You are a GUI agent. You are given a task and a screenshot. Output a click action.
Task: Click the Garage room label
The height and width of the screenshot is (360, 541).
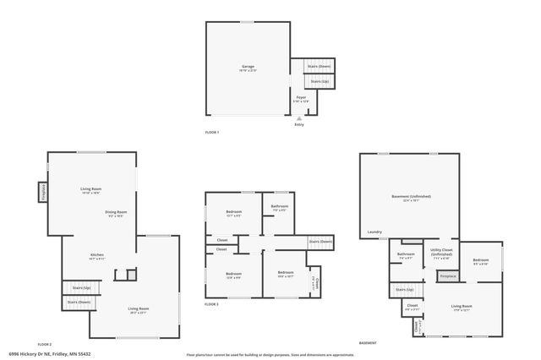click(248, 66)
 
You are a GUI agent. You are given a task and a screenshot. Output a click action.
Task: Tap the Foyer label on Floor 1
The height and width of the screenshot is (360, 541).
click(301, 97)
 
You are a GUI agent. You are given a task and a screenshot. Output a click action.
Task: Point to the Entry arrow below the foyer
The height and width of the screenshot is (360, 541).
click(298, 119)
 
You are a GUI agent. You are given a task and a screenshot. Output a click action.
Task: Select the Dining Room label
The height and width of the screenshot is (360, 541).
click(117, 212)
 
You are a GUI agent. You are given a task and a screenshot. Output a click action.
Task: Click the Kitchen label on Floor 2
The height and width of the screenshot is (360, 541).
click(98, 254)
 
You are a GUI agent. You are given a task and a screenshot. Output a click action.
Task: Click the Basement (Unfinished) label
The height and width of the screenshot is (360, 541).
click(411, 196)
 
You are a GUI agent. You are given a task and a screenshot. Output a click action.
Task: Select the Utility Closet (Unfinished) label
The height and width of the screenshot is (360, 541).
click(441, 251)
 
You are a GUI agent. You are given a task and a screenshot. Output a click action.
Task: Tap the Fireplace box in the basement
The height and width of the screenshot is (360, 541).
click(447, 276)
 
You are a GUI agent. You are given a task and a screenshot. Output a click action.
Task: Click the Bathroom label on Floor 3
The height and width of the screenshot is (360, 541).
click(280, 206)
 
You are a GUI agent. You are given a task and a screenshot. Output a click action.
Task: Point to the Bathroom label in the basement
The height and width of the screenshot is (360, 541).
click(406, 254)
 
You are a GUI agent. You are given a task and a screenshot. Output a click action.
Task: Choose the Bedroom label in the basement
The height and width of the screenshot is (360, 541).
click(481, 260)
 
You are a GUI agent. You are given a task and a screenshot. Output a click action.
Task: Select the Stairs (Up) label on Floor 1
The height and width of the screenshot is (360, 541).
click(320, 81)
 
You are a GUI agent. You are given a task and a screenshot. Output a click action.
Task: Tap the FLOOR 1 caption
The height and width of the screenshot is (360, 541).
click(212, 133)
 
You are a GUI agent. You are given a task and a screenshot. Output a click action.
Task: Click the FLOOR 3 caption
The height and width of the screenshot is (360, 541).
click(211, 304)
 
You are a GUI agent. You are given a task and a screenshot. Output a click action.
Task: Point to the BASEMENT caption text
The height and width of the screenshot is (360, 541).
click(368, 343)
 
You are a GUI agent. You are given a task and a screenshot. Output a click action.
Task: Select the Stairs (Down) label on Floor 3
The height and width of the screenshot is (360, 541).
click(320, 242)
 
